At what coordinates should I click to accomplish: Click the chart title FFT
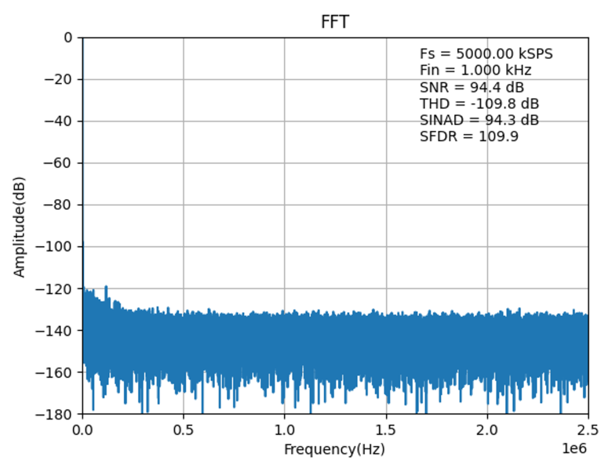[335, 22]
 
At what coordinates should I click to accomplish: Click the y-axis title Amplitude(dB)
[19, 227]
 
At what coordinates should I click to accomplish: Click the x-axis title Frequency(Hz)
[334, 449]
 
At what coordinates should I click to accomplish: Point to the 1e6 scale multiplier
[575, 449]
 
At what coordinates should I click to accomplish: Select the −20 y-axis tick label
[58, 79]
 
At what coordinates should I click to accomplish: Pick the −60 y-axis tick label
[58, 163]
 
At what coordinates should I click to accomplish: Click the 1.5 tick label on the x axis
[386, 430]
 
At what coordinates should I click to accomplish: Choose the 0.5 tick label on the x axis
[184, 430]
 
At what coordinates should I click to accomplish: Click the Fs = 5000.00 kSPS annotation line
[486, 54]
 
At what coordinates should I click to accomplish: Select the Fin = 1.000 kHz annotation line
[475, 70]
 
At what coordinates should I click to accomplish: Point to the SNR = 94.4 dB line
[472, 87]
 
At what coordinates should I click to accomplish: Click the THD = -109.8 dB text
[479, 104]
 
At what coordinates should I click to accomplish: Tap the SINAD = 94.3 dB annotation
[479, 120]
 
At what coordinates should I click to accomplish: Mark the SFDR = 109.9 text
[469, 137]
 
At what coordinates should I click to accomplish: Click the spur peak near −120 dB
[106, 287]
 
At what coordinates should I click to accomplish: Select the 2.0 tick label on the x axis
[488, 430]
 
